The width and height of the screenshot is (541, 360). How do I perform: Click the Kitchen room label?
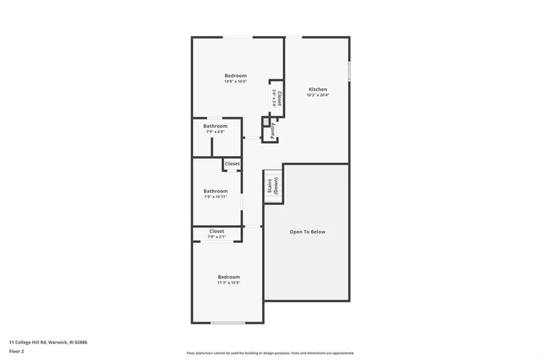pyautogui.click(x=318, y=89)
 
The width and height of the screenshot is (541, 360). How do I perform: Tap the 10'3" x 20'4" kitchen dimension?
pyautogui.click(x=318, y=95)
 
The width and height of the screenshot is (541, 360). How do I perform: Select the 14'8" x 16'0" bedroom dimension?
pyautogui.click(x=235, y=81)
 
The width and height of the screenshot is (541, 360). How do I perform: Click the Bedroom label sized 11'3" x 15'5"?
pyautogui.click(x=229, y=277)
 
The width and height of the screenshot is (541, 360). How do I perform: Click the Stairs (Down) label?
pyautogui.click(x=273, y=186)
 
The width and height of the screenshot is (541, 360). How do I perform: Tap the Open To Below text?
pyautogui.click(x=307, y=232)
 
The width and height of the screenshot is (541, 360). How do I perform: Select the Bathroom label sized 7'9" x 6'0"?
pyautogui.click(x=216, y=126)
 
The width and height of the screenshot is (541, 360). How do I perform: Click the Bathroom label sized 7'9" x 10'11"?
pyautogui.click(x=216, y=191)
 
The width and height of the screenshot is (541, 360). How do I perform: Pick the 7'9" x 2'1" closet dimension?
pyautogui.click(x=217, y=237)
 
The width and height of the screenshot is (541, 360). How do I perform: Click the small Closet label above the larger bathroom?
pyautogui.click(x=232, y=164)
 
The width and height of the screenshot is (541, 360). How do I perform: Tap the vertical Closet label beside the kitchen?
pyautogui.click(x=279, y=98)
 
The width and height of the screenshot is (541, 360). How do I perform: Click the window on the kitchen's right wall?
pyautogui.click(x=349, y=71)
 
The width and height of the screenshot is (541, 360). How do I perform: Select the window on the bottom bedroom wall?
pyautogui.click(x=228, y=322)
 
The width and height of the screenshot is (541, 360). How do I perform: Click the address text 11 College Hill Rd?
pyautogui.click(x=48, y=342)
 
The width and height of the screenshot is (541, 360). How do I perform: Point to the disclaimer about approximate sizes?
pyautogui.click(x=270, y=353)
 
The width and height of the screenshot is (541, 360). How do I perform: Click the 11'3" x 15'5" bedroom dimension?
pyautogui.click(x=229, y=283)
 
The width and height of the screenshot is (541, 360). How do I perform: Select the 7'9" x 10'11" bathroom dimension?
pyautogui.click(x=216, y=197)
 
